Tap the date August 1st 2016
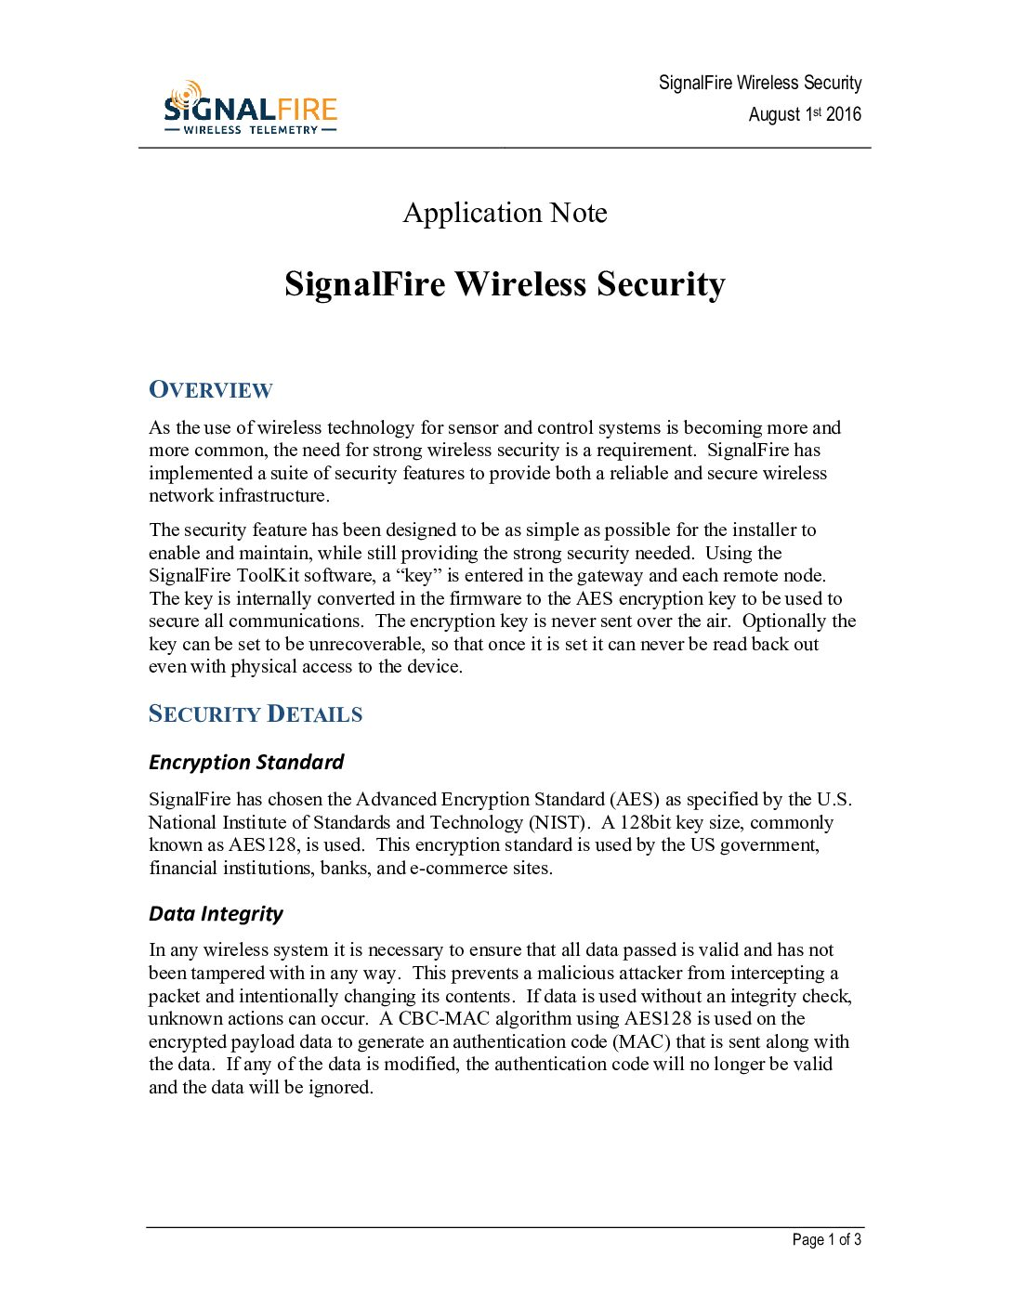[805, 114]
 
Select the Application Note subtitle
[505, 213]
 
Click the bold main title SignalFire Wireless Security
[505, 284]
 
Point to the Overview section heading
[211, 390]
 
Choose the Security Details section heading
[256, 714]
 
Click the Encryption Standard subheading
[246, 763]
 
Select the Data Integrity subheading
[216, 914]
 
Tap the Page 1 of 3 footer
[826, 1240]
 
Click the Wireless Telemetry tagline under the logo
[250, 130]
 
